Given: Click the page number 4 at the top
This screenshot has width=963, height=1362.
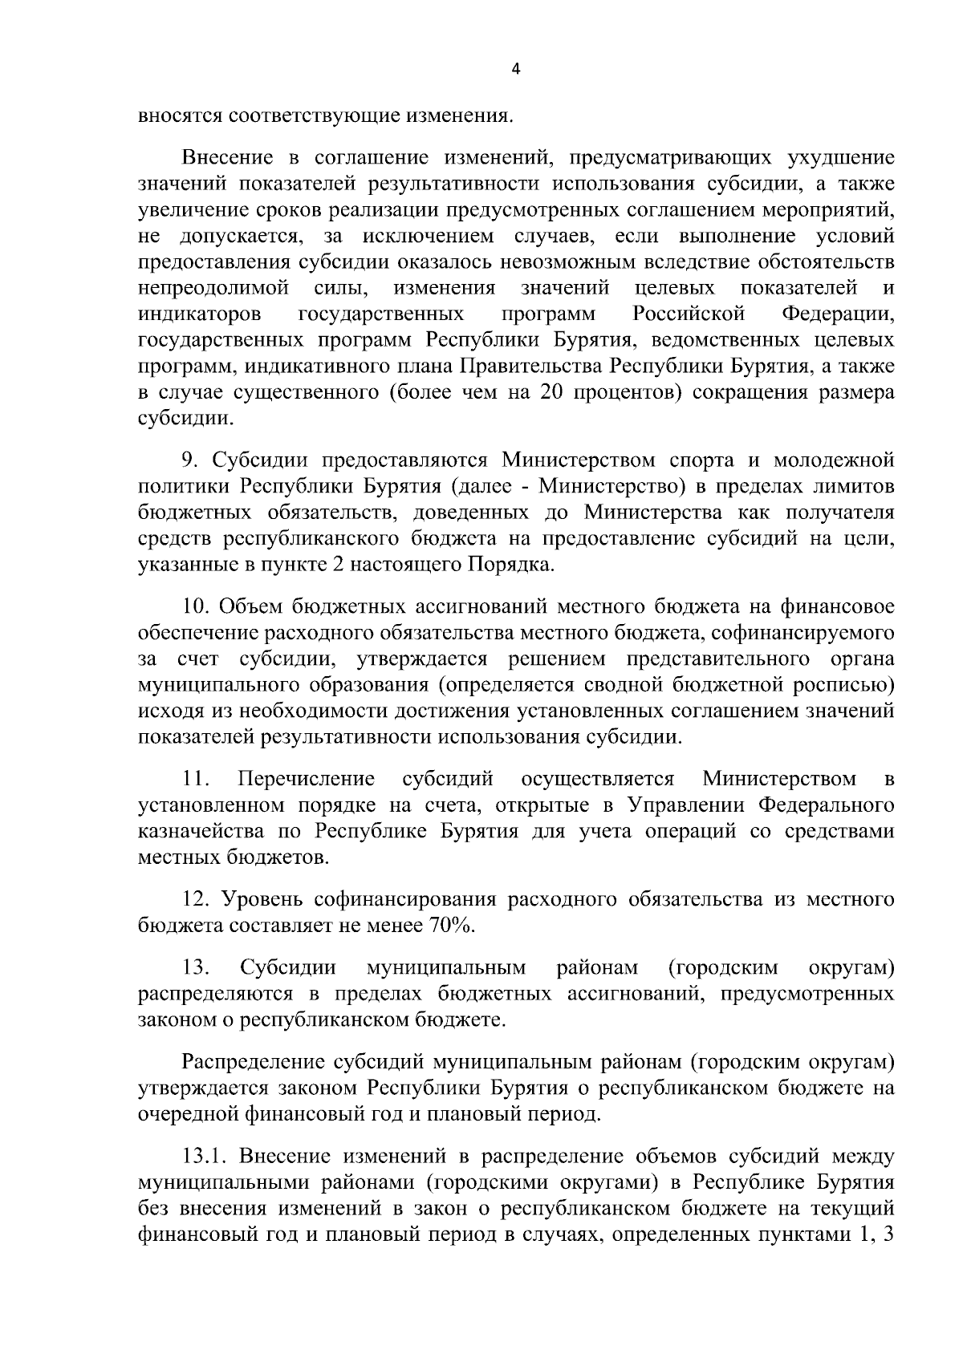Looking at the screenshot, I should [x=515, y=71].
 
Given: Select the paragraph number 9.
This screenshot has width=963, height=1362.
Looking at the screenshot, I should [x=189, y=460].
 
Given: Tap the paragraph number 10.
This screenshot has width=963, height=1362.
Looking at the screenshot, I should [x=197, y=606].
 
